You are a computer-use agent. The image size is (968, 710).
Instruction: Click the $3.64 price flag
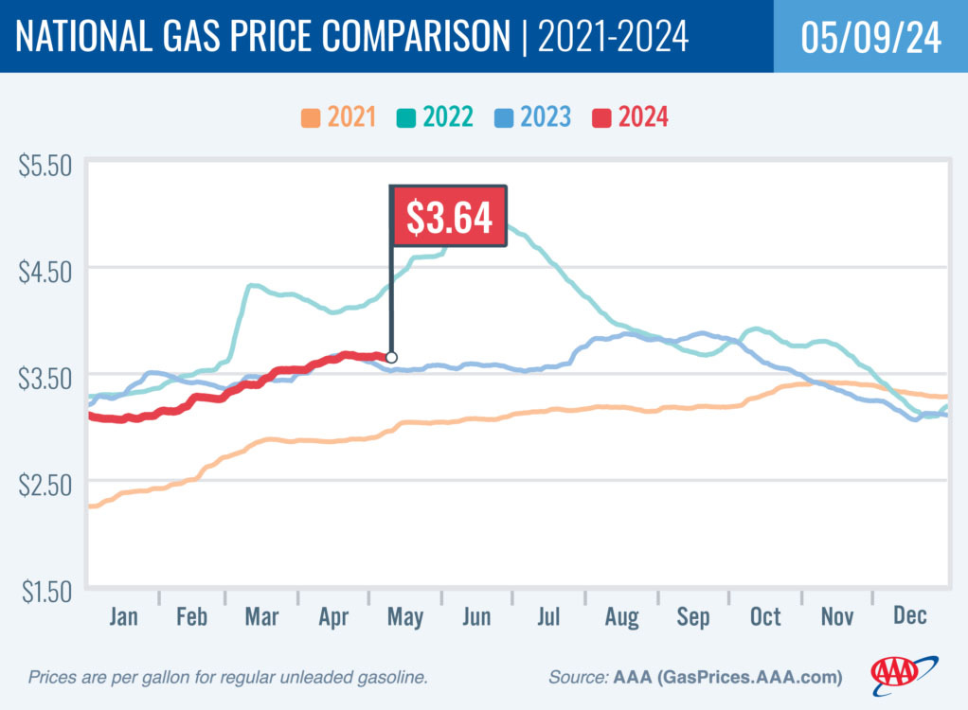[x=449, y=217]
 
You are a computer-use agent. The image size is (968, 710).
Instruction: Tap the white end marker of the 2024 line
[x=391, y=358]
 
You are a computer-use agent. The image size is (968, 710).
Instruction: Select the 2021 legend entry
[x=338, y=117]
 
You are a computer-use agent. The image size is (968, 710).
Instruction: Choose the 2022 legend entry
[x=436, y=117]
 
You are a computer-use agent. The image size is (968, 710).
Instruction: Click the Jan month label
[x=123, y=617]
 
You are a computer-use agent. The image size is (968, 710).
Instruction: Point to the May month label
[x=404, y=617]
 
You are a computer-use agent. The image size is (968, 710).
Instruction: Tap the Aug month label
[x=621, y=617]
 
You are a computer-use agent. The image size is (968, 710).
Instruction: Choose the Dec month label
[x=908, y=617]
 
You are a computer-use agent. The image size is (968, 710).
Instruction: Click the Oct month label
[x=765, y=617]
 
